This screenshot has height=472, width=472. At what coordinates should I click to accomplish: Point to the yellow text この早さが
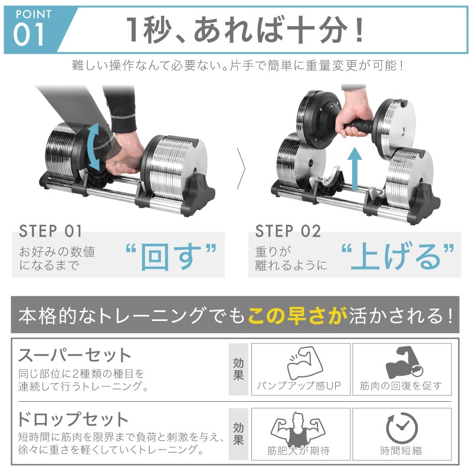click(x=297, y=317)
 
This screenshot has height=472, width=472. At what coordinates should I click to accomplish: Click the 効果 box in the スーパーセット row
click(x=238, y=370)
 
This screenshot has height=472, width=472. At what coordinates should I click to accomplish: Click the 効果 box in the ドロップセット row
click(x=238, y=434)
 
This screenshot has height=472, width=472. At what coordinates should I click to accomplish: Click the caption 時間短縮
click(x=401, y=451)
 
